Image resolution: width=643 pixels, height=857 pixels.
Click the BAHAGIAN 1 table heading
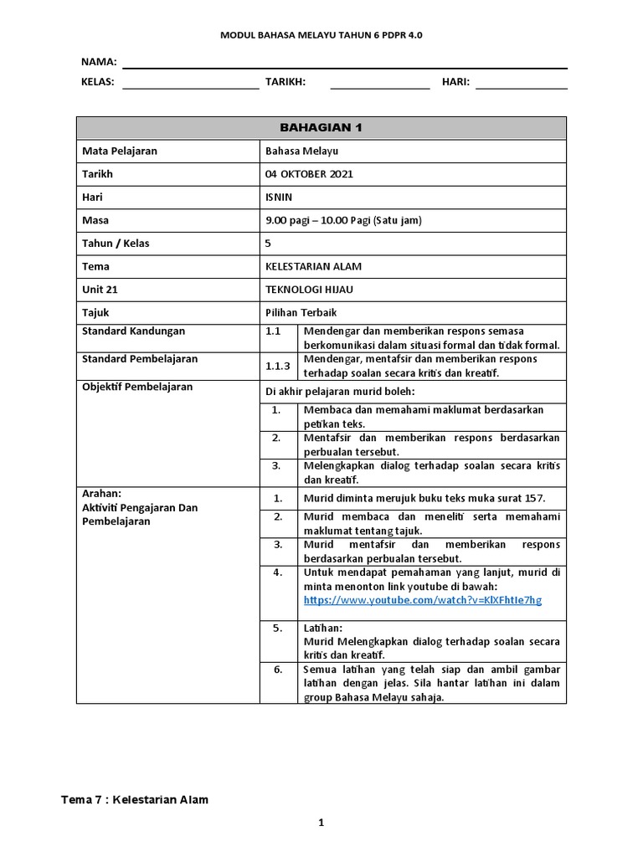[321, 128]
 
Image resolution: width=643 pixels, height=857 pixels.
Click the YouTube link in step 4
[423, 600]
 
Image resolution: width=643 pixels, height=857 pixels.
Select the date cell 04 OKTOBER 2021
[309, 174]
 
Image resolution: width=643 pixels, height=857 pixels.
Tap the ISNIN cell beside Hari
[279, 198]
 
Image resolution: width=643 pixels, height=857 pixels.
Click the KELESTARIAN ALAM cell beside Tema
[313, 266]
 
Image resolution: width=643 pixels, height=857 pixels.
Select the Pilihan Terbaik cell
[301, 312]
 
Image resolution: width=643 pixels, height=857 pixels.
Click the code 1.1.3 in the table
[277, 366]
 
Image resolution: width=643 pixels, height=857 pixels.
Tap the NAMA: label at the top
[99, 62]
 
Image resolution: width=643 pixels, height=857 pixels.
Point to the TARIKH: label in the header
[285, 82]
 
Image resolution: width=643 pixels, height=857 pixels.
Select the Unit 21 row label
[100, 290]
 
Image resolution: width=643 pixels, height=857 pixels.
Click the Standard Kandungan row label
[133, 331]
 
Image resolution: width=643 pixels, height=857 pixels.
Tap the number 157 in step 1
[535, 498]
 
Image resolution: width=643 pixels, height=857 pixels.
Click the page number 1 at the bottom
[321, 824]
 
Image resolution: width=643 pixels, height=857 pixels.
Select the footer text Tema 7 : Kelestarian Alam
[135, 799]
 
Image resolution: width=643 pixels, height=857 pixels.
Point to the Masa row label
[95, 220]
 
